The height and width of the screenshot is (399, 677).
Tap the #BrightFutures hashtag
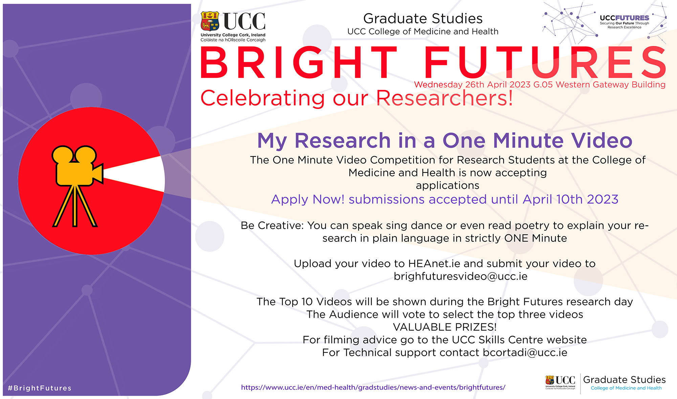[x=40, y=388]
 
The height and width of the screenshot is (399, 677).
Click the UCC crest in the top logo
[x=210, y=21]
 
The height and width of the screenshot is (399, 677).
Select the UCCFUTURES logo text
[x=625, y=18]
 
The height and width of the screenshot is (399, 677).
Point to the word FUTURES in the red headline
[x=545, y=63]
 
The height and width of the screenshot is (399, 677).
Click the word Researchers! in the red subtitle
[x=444, y=98]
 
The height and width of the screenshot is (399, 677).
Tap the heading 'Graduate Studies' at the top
[x=423, y=19]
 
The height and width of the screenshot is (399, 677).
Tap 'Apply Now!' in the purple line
[x=308, y=199]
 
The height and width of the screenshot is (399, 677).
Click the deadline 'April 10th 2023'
[x=570, y=199]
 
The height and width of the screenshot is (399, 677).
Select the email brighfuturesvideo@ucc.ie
[x=461, y=276]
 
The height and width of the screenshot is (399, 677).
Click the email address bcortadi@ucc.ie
[x=525, y=353]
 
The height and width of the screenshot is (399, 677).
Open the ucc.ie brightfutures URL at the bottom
[x=373, y=388]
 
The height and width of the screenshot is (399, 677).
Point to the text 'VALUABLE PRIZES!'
[x=445, y=327]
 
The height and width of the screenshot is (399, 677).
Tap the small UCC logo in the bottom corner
[x=560, y=382]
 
